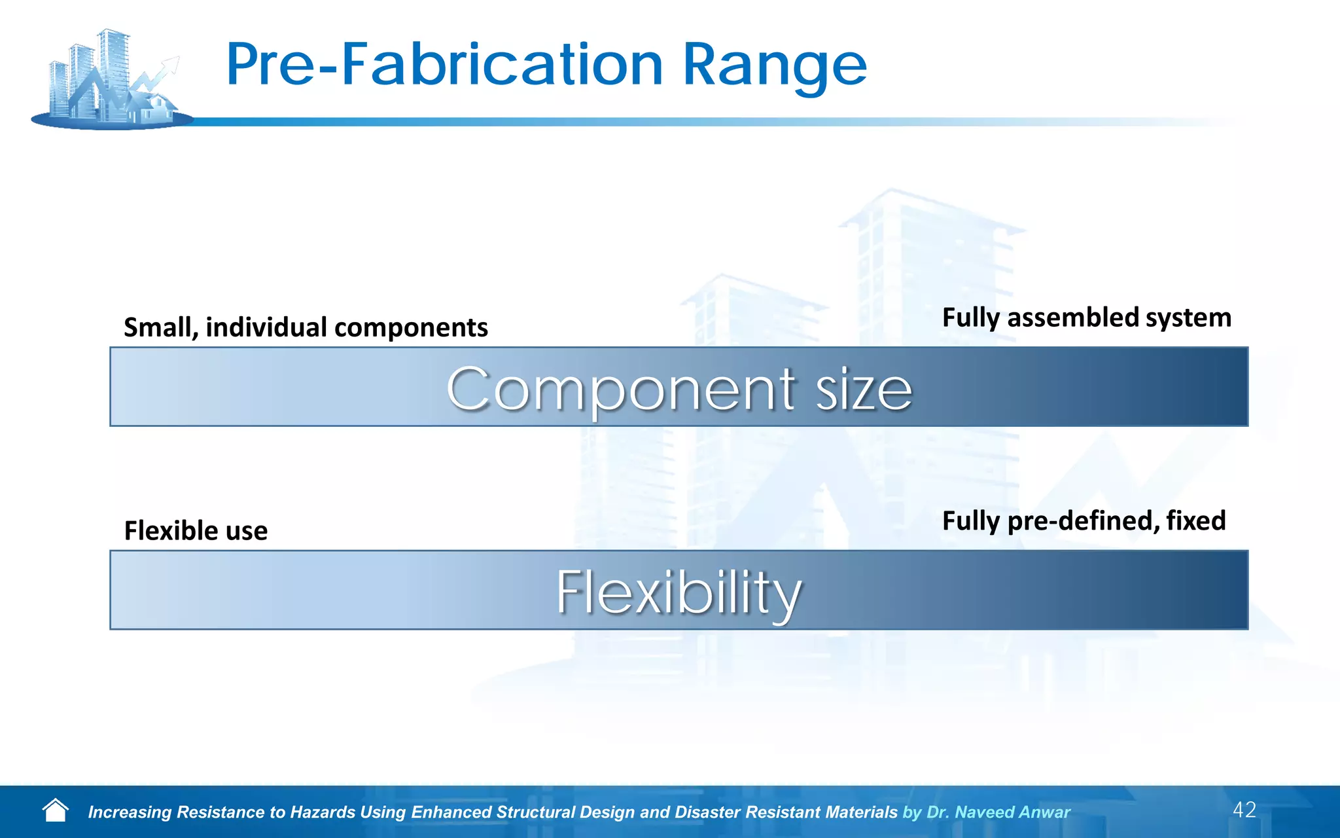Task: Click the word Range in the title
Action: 775,65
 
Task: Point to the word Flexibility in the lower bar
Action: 679,592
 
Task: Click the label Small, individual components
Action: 306,327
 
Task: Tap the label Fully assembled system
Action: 1086,318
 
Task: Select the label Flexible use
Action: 196,530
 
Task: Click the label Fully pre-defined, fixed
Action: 1084,521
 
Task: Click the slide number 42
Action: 1244,810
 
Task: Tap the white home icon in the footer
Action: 56,811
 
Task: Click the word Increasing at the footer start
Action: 130,812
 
